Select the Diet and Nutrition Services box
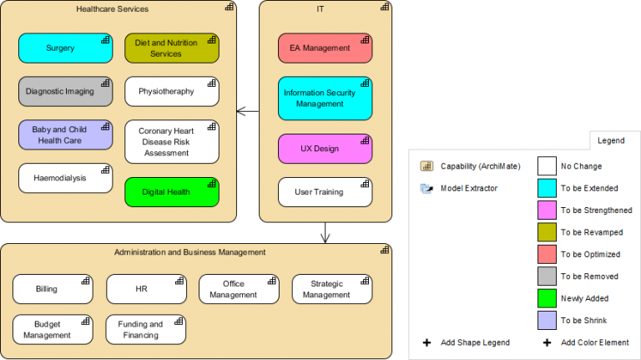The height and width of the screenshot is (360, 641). pos(171,48)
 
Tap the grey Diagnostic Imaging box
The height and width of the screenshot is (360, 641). pos(65,91)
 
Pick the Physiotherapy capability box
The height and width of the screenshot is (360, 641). pos(171,91)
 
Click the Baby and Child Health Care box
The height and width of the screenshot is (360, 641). pos(65,134)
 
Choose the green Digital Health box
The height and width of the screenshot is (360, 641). pos(171,192)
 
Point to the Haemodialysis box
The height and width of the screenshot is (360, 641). pos(65,178)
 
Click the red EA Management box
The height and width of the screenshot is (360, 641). pos(325,48)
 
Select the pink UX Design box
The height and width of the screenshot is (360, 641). pos(325,149)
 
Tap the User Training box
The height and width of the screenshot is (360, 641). pos(325,192)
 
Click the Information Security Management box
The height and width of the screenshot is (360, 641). pos(325,99)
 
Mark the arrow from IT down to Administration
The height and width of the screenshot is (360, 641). pos(326,233)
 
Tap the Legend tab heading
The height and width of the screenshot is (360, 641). pos(611,141)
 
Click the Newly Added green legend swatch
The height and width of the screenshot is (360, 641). pos(547,298)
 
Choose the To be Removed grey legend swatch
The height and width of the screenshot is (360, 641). pos(547,276)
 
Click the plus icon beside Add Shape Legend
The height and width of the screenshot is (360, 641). pos(427,342)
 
